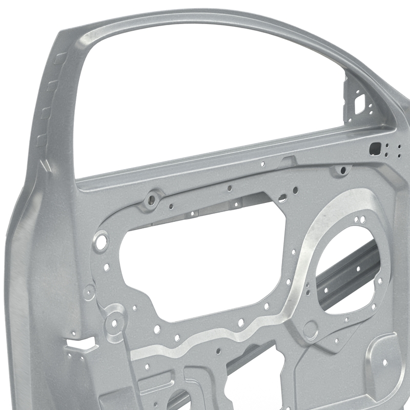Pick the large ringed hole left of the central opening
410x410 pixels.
101,240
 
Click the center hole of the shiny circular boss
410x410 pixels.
114,323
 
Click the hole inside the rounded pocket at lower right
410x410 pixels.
384,361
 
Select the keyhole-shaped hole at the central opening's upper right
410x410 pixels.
282,197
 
